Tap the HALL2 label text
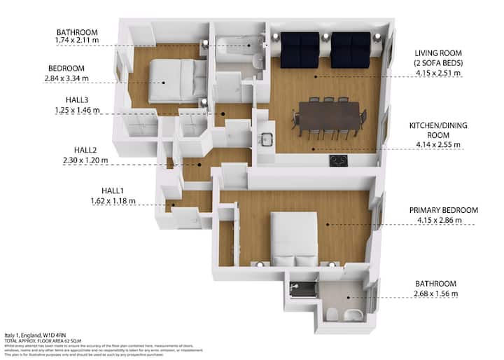pos(90,150)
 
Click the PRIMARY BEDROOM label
pos(445,210)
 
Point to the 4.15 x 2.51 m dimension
pos(437,72)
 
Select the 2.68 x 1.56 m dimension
pos(436,293)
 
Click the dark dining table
pos(328,113)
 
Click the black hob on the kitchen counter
pos(338,161)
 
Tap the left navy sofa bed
pos(300,49)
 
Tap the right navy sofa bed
pos(351,49)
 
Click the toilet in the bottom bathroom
pos(332,313)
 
